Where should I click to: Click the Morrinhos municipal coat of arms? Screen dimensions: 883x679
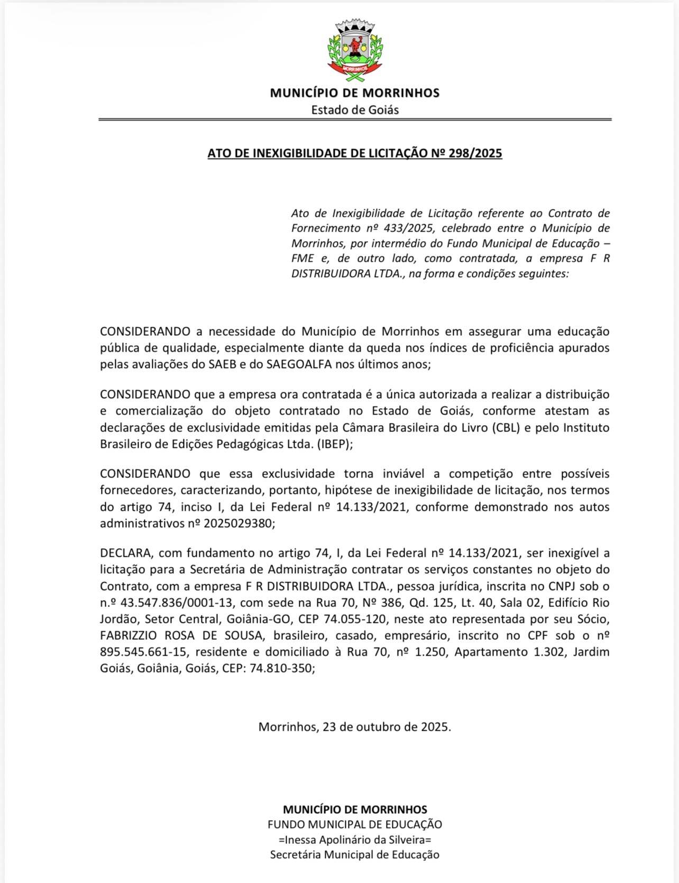pos(355,51)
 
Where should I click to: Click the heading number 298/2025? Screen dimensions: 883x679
pos(475,153)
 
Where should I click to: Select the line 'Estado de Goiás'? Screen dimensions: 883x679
pos(355,110)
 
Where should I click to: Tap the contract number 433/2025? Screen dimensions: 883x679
pos(405,228)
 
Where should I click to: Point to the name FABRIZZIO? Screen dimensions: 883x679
pos(132,636)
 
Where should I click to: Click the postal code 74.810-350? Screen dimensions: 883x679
pos(282,668)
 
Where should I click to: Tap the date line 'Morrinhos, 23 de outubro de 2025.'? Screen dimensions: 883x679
pos(355,726)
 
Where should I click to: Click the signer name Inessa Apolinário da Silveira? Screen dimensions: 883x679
pos(355,840)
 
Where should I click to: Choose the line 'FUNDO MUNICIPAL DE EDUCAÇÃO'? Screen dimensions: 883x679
pos(355,824)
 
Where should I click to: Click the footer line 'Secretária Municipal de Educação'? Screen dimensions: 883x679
pos(355,854)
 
